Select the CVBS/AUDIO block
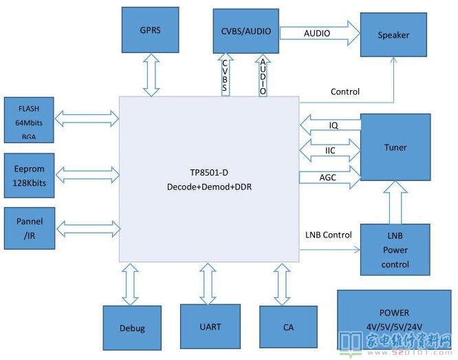click(x=246, y=31)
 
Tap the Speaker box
click(x=393, y=36)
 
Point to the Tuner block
click(x=395, y=147)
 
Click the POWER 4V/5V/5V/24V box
click(x=393, y=319)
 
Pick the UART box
click(x=210, y=326)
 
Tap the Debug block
click(x=132, y=328)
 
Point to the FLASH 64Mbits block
click(x=29, y=120)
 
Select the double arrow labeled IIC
click(x=331, y=149)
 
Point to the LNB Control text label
click(x=328, y=235)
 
